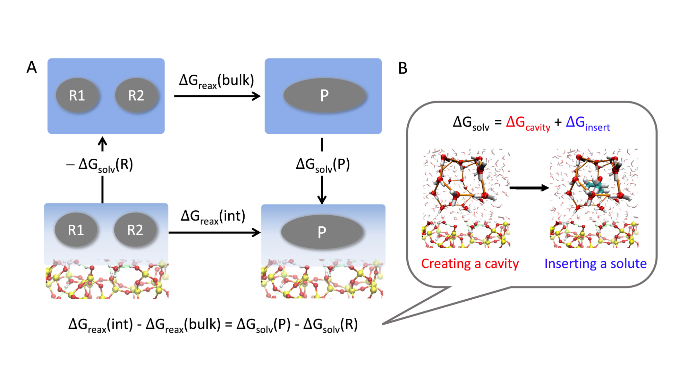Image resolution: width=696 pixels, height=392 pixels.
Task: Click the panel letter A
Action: point(32,67)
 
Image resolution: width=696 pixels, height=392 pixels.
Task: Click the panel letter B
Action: point(402,68)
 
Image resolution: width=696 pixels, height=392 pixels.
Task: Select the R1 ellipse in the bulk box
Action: point(78,95)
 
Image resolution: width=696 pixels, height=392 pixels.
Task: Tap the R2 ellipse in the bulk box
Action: point(137,95)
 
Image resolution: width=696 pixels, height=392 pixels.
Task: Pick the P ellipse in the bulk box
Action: point(324,95)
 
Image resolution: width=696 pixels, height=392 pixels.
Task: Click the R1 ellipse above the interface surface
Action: point(76,230)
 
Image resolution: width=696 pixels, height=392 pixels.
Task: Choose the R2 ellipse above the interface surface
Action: point(135,230)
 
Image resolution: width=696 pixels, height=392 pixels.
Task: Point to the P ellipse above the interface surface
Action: point(322,232)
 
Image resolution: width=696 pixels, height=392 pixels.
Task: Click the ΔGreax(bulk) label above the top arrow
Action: point(217,81)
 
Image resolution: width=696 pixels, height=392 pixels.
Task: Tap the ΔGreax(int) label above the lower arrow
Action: point(213,217)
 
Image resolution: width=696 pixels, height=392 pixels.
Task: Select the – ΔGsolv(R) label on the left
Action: point(100,165)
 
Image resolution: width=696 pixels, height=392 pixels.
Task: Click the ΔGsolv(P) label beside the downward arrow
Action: point(323,165)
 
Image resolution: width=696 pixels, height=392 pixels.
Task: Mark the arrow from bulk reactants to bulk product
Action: point(217,96)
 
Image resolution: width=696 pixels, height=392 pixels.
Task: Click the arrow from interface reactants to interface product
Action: point(214,232)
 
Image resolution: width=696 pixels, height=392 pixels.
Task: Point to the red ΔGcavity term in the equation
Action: point(528,124)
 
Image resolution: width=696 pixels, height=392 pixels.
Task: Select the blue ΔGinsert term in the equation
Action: point(588,124)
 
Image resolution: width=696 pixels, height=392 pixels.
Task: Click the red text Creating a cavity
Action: point(470,264)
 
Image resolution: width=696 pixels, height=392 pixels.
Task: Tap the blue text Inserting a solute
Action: point(595,264)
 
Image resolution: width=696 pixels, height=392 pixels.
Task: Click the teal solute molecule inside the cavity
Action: point(596,186)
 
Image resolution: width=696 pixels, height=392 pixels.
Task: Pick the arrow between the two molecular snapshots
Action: point(529,188)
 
